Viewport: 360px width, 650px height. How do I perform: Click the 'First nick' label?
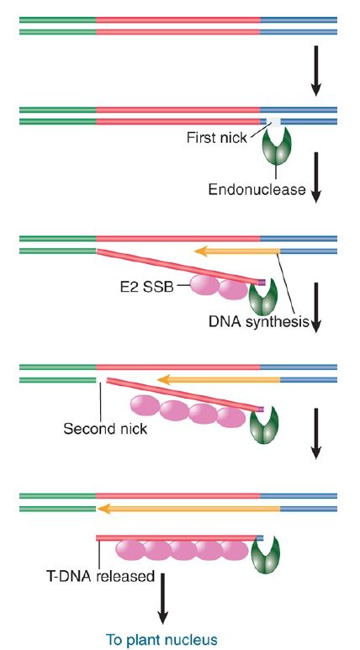216,137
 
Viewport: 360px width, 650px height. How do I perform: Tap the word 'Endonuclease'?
257,189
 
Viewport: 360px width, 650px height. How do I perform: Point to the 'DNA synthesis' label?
259,321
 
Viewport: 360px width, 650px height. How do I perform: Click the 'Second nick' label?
105,428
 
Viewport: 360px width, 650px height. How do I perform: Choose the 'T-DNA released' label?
100,576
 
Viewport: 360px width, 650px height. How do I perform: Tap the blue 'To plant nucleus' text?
161,639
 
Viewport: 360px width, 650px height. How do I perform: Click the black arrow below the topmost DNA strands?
316,71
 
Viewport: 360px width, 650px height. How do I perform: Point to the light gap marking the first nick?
273,122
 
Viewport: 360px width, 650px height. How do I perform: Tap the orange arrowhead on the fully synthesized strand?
103,509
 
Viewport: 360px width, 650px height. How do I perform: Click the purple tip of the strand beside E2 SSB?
262,283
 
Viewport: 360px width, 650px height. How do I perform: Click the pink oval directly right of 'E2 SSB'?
204,285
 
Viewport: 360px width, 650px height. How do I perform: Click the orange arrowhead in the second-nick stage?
163,379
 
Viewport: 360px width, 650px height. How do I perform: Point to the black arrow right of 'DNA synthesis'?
316,308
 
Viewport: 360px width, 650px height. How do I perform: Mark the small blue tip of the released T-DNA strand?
260,538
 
